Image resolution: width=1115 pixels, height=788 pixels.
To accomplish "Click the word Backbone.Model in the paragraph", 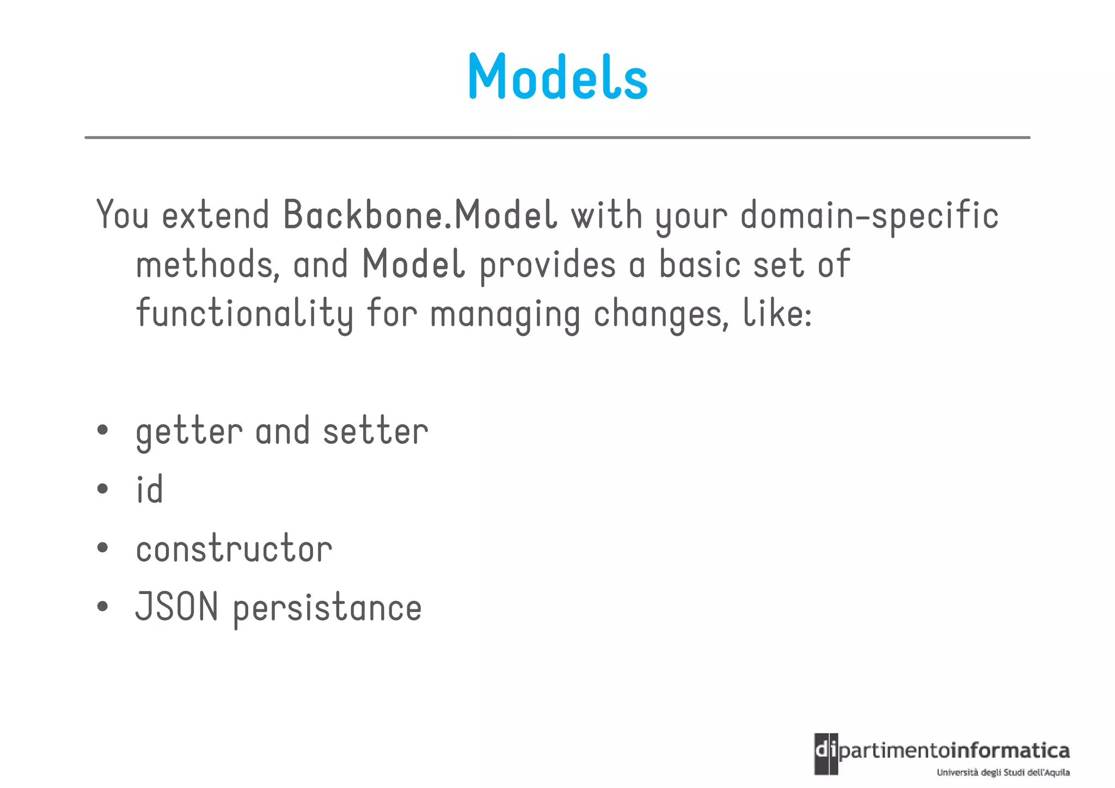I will (420, 215).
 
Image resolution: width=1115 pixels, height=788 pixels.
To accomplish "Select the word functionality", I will (244, 314).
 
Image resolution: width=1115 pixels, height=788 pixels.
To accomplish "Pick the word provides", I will (547, 265).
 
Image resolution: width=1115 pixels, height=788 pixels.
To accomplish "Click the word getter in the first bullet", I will (188, 432).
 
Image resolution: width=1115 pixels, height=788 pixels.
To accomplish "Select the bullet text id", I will (149, 489).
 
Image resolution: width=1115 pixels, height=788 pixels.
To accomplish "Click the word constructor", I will (234, 548).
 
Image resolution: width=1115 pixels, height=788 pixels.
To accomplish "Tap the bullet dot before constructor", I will (102, 548).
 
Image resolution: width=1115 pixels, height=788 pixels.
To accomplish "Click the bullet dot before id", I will (102, 489).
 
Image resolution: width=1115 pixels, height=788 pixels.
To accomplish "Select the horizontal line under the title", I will (557, 138).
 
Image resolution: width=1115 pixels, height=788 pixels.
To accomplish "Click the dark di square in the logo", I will (826, 754).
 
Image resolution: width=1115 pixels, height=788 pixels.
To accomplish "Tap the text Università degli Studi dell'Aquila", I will (1003, 772).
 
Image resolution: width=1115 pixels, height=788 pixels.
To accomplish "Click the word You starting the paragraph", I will (122, 215).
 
